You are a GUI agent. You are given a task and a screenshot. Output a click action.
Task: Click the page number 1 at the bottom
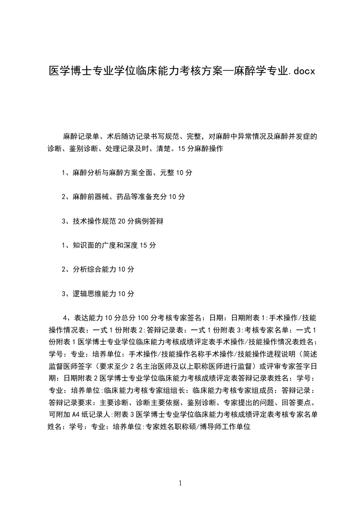(x=180, y=483)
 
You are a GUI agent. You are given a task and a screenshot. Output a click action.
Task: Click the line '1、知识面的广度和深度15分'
(x=109, y=245)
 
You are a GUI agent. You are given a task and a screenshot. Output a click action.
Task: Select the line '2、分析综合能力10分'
(x=98, y=269)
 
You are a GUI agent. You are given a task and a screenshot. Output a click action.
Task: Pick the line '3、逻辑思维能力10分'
(x=98, y=294)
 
